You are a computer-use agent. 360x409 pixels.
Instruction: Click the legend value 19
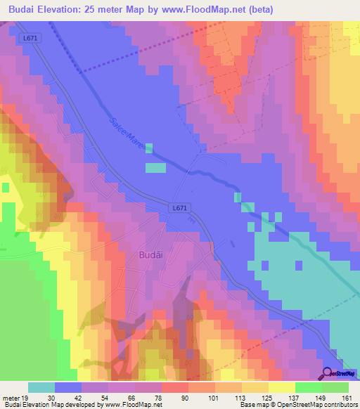[x=28, y=398]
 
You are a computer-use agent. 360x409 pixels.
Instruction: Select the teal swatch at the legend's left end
[x=41, y=387]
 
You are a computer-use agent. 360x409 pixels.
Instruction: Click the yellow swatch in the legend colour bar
[x=282, y=387]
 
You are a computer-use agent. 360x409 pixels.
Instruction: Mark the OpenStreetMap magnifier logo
[x=328, y=374]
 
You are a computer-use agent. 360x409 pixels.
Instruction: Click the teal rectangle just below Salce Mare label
[x=156, y=167]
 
